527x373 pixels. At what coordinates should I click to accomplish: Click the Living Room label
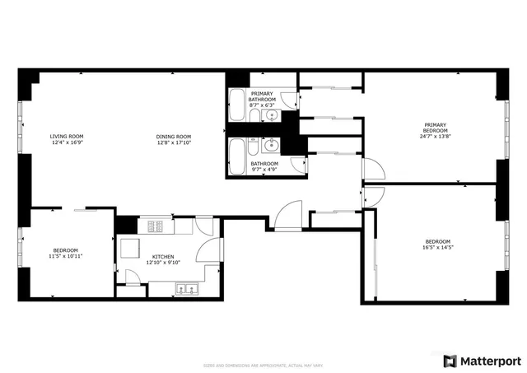67,137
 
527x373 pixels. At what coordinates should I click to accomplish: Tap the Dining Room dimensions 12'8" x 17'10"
174,143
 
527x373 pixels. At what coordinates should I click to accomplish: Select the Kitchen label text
161,256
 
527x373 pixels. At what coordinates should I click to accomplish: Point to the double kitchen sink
185,288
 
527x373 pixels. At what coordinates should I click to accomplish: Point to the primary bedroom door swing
373,170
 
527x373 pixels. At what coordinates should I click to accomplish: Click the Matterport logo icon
449,361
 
